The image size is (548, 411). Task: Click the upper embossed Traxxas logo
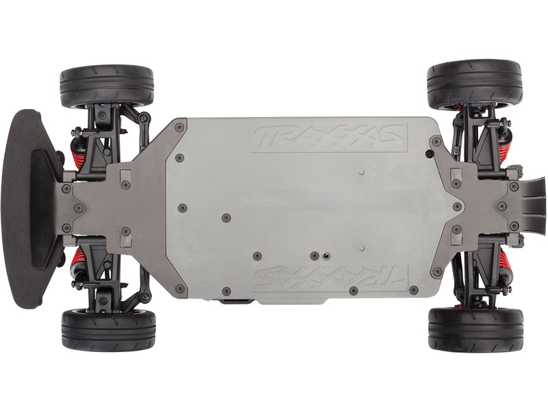click(x=329, y=138)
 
